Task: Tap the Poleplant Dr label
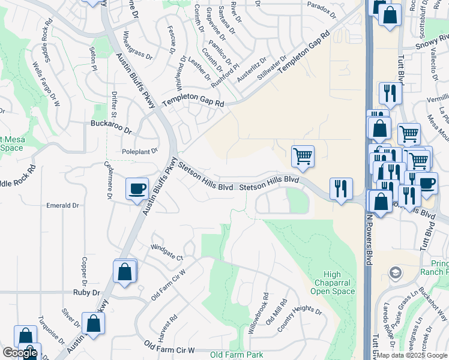[139, 151]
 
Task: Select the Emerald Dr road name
[62, 205]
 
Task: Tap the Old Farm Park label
[237, 355]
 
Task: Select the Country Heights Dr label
[300, 320]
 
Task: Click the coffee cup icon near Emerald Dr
[137, 188]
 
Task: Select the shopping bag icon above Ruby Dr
[125, 271]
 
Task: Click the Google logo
[20, 353]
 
